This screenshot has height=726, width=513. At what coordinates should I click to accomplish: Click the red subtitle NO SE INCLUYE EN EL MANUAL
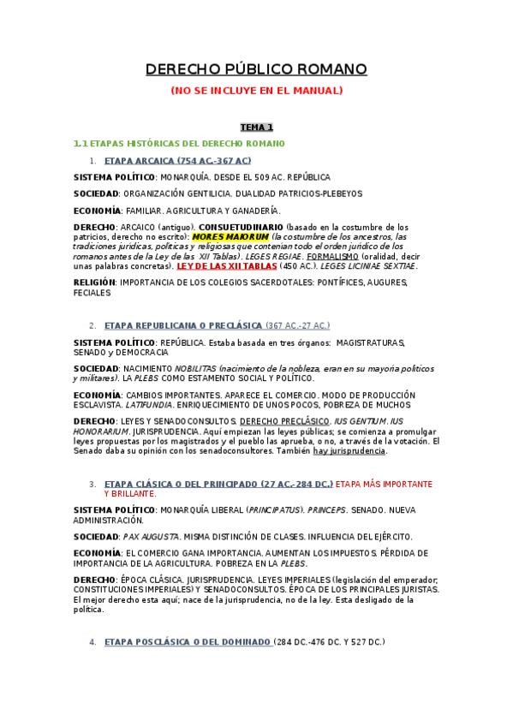(x=256, y=90)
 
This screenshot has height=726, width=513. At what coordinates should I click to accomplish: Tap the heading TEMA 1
(x=256, y=127)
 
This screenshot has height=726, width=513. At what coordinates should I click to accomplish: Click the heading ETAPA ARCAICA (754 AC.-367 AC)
(x=177, y=160)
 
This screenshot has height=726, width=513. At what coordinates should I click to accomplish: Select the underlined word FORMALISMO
(x=330, y=256)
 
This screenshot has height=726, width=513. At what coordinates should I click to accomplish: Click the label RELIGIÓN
(x=94, y=282)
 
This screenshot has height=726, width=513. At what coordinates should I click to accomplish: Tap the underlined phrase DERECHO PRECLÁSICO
(x=284, y=422)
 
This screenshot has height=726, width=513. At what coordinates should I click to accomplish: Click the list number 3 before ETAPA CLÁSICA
(x=92, y=484)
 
